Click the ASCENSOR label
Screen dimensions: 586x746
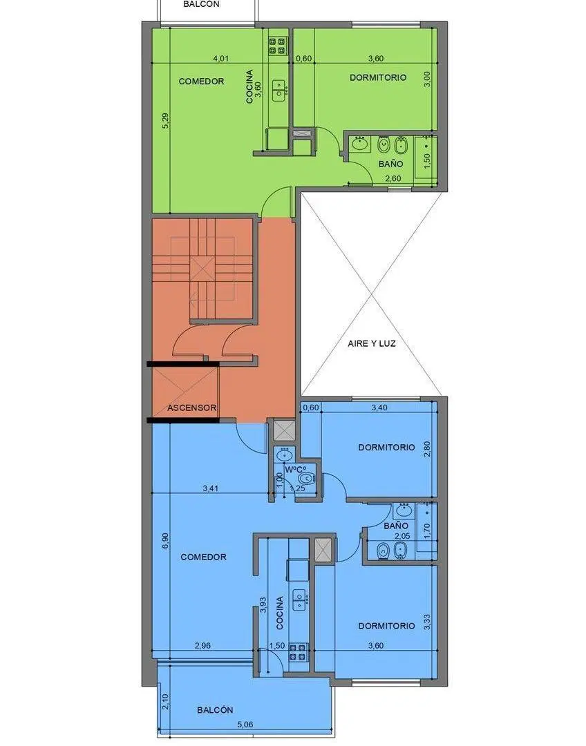point(192,408)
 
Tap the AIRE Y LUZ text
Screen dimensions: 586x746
point(372,343)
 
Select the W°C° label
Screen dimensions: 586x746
point(295,469)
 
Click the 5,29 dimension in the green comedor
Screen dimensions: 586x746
point(165,120)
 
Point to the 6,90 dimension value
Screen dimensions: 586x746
point(165,540)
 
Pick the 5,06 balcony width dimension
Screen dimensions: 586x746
point(245,725)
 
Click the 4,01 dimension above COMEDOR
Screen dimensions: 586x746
point(221,59)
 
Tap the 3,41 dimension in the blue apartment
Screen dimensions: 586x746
point(210,488)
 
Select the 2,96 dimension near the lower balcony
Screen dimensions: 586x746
point(202,646)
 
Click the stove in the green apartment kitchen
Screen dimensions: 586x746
point(277,45)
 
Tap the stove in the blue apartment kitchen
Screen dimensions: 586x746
point(297,651)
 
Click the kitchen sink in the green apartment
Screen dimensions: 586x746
point(279,90)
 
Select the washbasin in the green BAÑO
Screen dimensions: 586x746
point(359,144)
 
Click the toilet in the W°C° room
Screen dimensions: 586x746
point(307,479)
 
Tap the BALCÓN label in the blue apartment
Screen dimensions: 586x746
point(215,710)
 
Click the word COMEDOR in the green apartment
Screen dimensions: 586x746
point(201,82)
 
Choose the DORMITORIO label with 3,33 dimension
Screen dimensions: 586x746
point(386,626)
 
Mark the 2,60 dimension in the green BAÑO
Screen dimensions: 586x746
point(393,178)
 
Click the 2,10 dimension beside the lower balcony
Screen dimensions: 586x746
point(165,701)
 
